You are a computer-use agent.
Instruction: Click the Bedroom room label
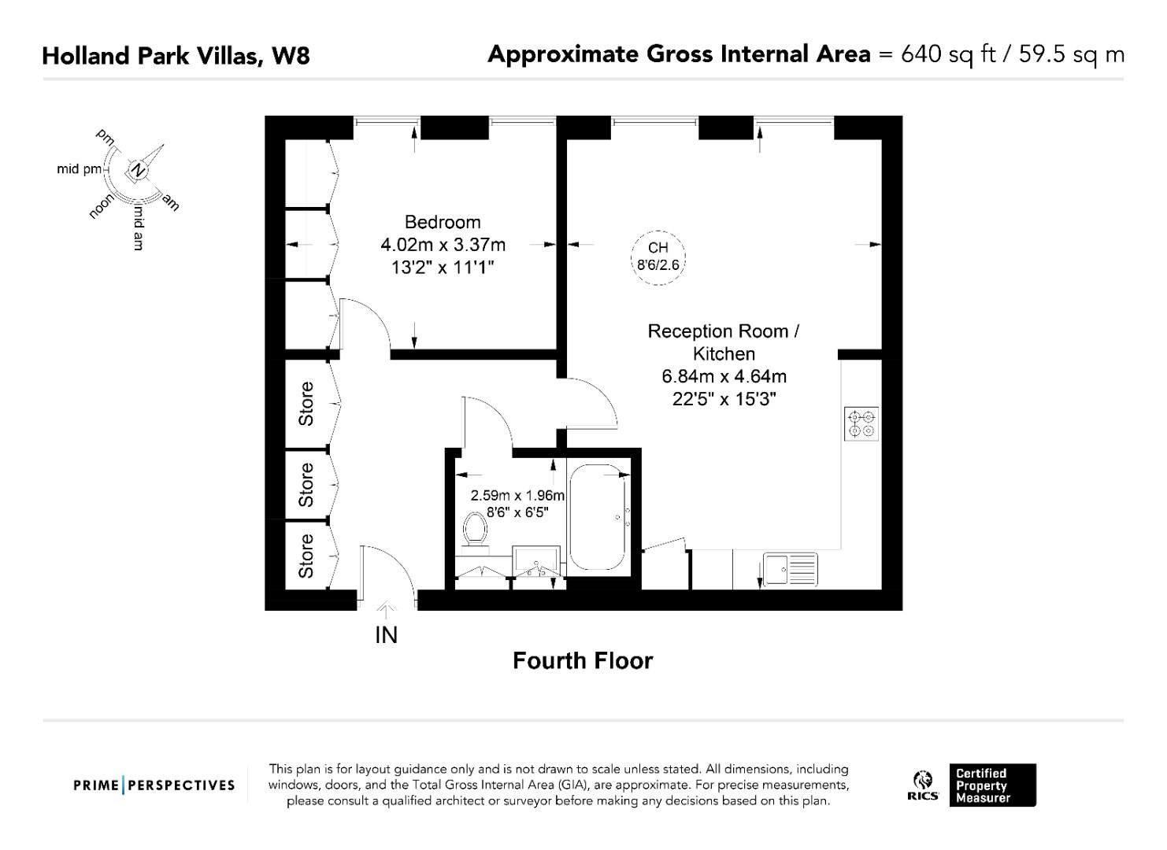443,223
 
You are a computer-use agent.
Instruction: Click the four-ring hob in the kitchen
861,424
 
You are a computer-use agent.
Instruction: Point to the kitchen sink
791,569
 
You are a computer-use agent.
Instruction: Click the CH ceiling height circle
658,257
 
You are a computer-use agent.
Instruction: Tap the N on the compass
138,170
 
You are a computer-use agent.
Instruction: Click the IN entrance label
386,635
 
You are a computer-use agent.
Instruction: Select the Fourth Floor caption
583,661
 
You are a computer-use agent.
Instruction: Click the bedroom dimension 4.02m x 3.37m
443,245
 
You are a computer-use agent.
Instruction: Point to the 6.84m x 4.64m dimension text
724,376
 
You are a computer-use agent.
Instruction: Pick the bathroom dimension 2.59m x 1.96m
517,495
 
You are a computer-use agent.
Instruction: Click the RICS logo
923,785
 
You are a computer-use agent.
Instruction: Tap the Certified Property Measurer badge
992,785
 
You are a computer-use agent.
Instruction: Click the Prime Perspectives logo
154,785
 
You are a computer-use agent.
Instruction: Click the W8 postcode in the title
291,56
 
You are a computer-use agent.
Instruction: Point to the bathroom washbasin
536,560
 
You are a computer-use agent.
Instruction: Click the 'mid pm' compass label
80,169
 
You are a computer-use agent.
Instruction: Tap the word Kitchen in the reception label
724,354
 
